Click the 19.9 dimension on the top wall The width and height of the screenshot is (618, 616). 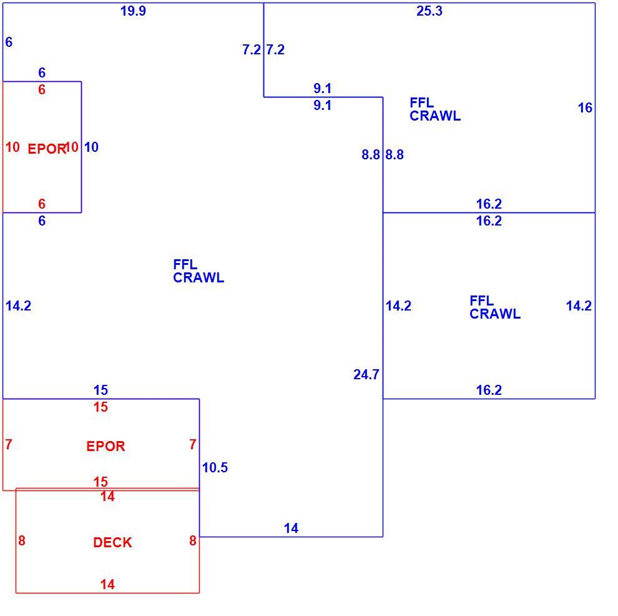coord(133,11)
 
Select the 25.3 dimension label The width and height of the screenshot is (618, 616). coord(429,11)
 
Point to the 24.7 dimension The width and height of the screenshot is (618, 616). coord(366,374)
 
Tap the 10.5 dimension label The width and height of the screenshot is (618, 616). coord(215,467)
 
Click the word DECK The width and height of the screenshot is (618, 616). coord(112,543)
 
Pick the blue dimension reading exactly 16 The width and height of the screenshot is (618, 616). coord(585,107)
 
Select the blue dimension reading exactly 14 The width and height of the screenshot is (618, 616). coord(291,528)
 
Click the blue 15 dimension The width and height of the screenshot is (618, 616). coord(101,390)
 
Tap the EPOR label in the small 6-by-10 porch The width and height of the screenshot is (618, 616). coord(47,149)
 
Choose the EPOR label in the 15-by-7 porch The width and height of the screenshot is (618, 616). coord(105,446)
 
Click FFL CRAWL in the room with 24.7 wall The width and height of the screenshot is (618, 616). coord(199,271)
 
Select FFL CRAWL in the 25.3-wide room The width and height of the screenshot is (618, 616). coord(434,109)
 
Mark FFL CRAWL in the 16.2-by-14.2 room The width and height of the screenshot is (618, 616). coord(494,307)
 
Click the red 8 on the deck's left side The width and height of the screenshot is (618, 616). coord(22,540)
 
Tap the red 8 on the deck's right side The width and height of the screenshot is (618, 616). coord(192,540)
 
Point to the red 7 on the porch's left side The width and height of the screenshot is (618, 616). coord(9,444)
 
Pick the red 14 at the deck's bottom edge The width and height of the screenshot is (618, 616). coord(107,584)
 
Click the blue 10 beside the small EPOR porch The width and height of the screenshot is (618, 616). coord(91,147)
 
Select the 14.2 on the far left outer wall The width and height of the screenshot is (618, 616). coord(18,306)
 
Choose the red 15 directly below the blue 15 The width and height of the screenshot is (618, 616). coord(101,407)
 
